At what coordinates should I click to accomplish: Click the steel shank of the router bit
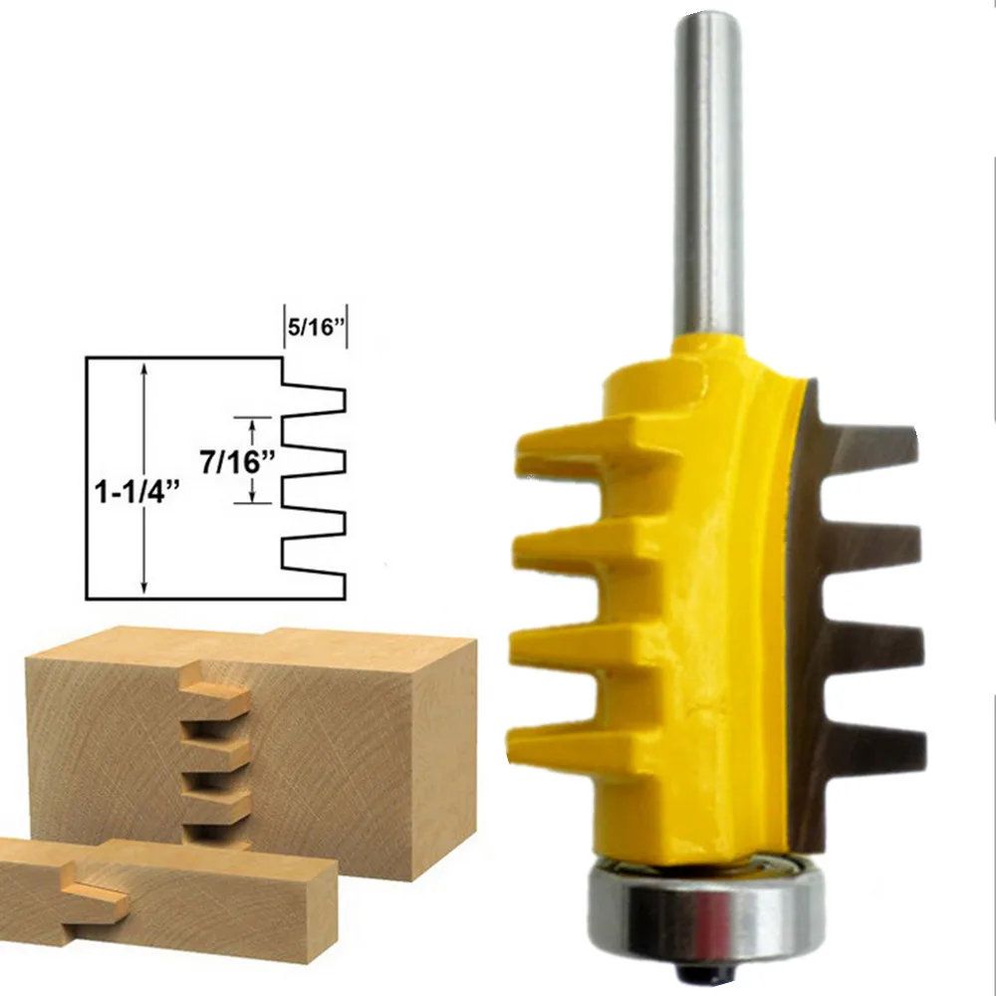pos(707,179)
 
